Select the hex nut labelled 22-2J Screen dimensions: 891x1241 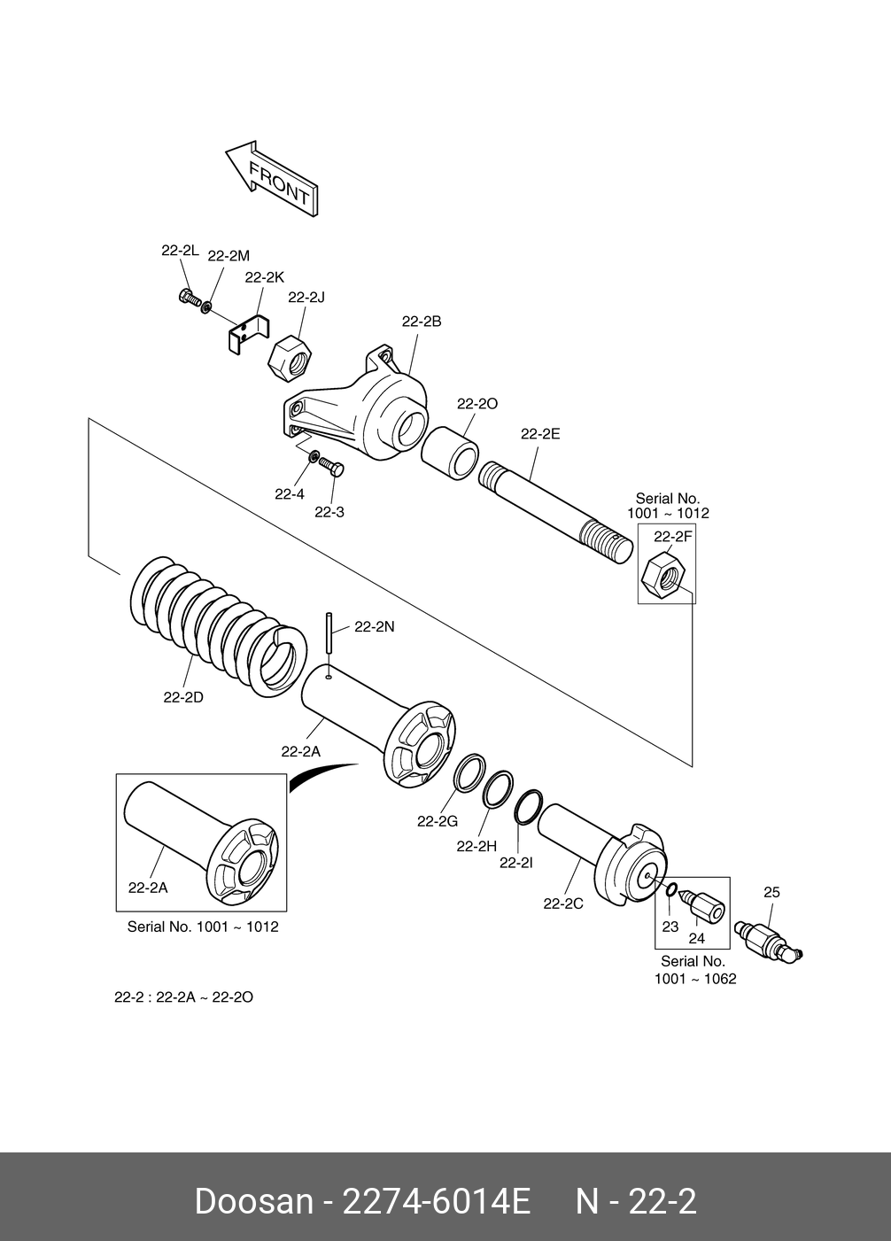(x=290, y=359)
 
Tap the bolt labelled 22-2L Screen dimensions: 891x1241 (x=190, y=298)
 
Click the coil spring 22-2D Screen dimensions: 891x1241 (x=219, y=625)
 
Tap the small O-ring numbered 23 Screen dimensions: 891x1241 (x=670, y=889)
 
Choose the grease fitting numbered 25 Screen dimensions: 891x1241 (x=767, y=940)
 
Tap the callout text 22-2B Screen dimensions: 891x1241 (x=421, y=322)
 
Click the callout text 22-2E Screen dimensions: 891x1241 (x=540, y=434)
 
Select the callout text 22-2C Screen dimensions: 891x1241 (x=563, y=904)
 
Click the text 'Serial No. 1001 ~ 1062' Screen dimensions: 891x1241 (x=695, y=970)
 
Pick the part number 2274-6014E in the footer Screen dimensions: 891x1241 (x=437, y=1202)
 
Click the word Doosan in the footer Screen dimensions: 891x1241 (x=254, y=1202)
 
